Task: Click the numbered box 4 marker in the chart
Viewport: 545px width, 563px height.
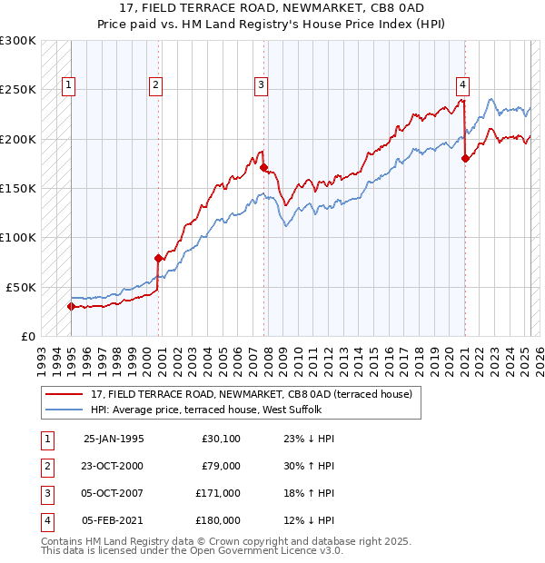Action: [462, 85]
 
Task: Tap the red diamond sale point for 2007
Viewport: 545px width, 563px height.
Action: [263, 168]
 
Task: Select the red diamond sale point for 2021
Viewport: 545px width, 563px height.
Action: [465, 159]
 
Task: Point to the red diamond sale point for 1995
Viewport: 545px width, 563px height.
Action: [71, 306]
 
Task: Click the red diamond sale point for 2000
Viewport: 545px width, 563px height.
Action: [158, 258]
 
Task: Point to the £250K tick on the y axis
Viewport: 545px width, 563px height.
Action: [18, 90]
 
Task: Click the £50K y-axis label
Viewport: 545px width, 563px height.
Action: [21, 287]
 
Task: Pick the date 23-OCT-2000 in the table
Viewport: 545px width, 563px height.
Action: [113, 466]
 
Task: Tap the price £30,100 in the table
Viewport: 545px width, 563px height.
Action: [221, 439]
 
